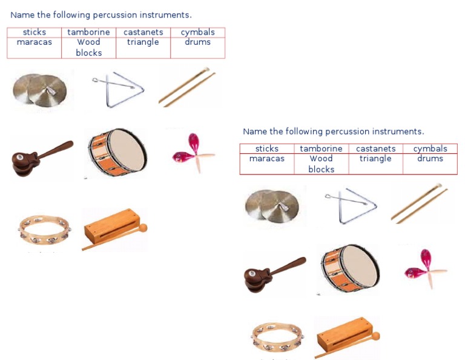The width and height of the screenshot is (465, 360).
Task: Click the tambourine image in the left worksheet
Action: tap(43, 230)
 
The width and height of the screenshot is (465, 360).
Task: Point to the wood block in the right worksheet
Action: tap(346, 337)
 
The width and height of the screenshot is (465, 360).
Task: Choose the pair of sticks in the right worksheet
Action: tap(419, 203)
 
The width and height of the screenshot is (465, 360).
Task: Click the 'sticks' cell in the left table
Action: tap(35, 32)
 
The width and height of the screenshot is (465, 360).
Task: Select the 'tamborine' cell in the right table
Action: tap(321, 148)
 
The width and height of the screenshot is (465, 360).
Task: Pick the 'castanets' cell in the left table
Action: tap(143, 32)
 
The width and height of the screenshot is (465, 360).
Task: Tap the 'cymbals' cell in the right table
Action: tap(430, 148)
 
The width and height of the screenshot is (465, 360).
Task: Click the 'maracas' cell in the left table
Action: tap(35, 42)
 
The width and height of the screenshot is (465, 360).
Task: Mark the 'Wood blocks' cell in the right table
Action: tap(321, 164)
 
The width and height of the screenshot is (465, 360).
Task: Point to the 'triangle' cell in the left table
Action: tap(143, 42)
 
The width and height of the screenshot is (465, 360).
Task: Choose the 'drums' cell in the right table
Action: tap(430, 159)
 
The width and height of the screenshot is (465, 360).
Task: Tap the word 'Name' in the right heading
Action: tap(254, 132)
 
